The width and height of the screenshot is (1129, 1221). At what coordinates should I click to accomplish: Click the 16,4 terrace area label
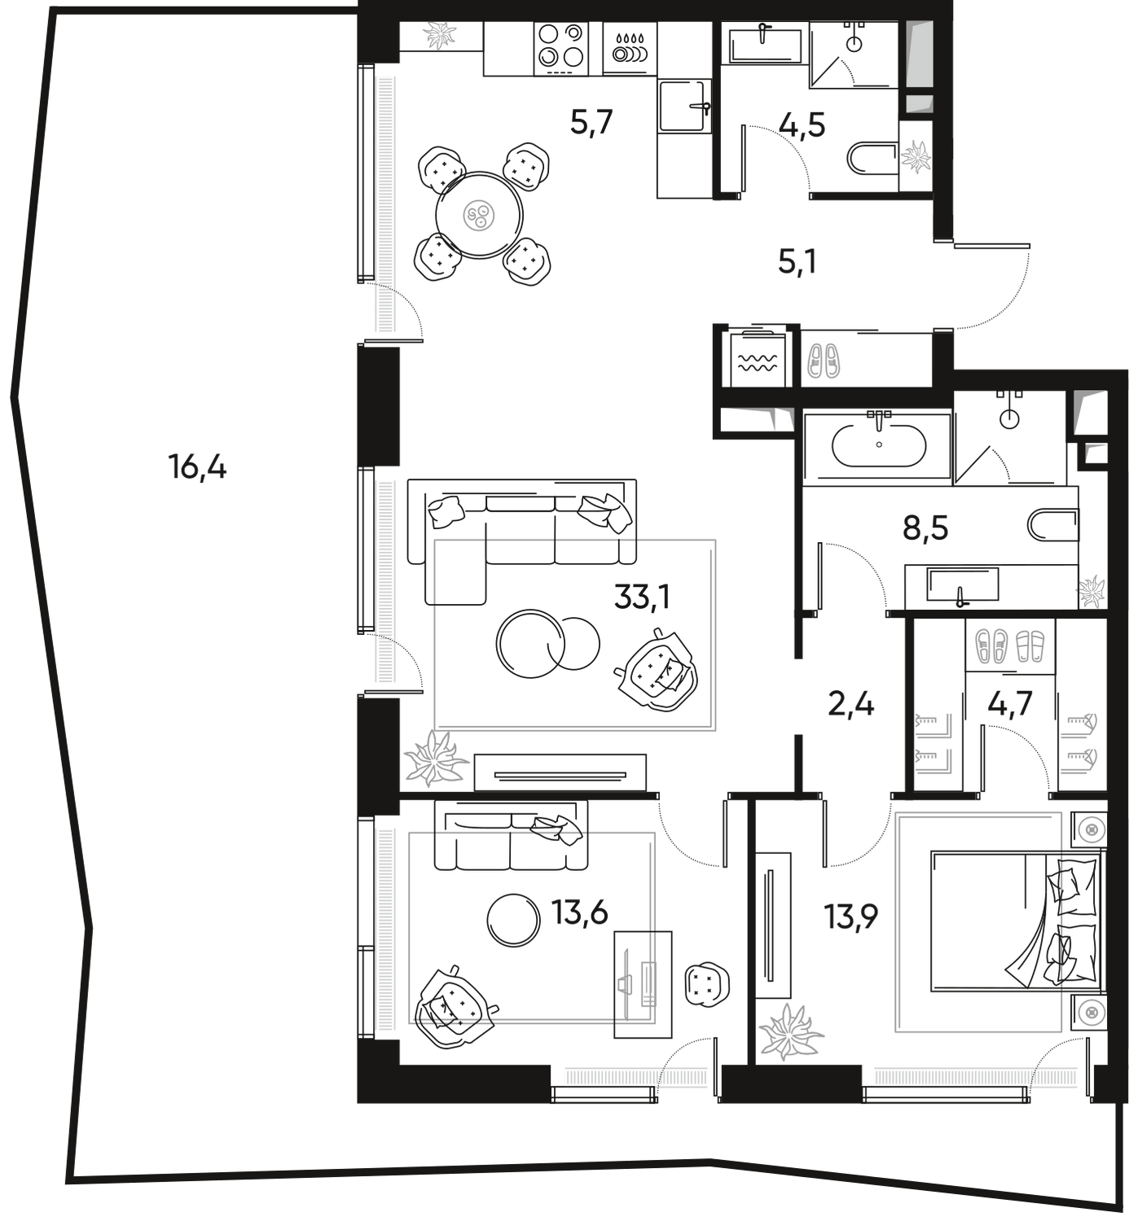pos(198,468)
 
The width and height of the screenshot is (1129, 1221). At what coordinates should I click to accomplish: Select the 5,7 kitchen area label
pos(591,124)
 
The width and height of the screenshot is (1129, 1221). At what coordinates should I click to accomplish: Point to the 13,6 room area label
pos(580,912)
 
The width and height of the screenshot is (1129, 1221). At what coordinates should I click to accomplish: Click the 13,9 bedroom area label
pos(852,917)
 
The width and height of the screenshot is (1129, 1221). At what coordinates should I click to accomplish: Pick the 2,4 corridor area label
pos(850,704)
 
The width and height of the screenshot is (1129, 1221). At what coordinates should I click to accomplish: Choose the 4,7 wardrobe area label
pos(1010,702)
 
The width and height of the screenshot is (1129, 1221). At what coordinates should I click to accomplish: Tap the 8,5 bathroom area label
pos(926,530)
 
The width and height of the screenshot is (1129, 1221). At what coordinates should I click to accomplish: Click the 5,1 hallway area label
pos(797,262)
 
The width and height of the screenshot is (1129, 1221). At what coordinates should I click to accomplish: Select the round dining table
pos(480,216)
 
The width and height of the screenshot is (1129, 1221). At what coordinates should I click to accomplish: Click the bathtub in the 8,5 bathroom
pos(878,445)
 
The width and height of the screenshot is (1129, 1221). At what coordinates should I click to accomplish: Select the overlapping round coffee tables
pos(547,643)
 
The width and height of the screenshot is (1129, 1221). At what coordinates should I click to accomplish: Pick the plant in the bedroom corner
pos(789,1032)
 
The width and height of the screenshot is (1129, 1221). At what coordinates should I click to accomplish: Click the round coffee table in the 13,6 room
pos(513,919)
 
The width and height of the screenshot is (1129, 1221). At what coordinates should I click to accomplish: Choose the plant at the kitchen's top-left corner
pos(440,35)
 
